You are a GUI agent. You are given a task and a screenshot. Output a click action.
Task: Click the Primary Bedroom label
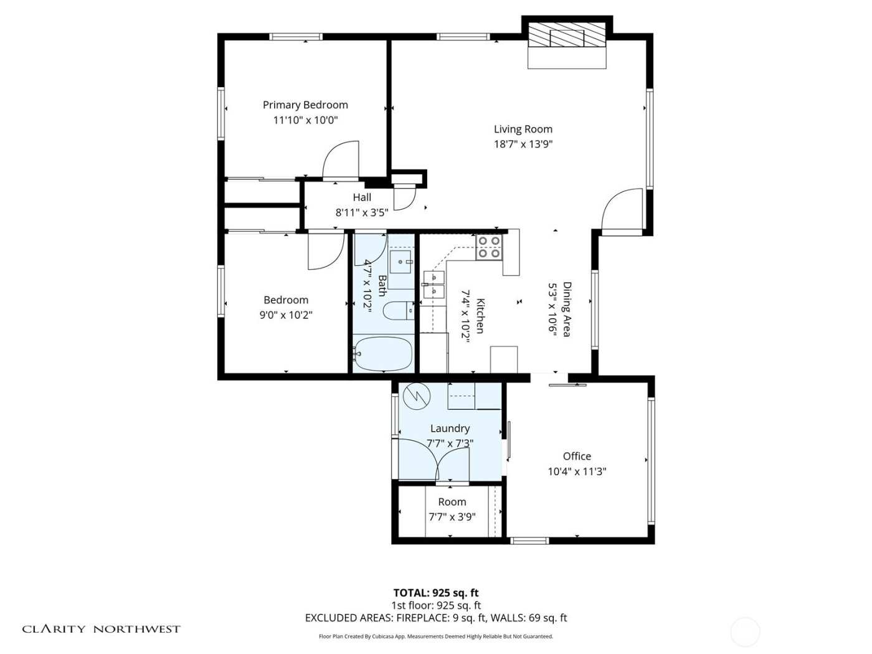pos(305,105)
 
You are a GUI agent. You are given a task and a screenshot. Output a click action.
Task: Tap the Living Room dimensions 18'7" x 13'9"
pos(523,144)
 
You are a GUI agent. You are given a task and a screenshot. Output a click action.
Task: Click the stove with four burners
pos(489,247)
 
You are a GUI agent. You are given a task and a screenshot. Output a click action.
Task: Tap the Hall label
pos(362,197)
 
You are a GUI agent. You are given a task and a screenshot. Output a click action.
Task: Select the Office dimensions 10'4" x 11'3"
pos(577,472)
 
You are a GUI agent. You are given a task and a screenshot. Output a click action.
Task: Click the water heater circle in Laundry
pos(415,396)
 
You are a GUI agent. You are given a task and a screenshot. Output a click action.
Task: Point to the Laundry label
pos(450,429)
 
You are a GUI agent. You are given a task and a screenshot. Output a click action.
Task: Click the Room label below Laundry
pos(452,502)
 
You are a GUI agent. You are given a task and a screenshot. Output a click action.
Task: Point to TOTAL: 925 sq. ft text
pos(435,593)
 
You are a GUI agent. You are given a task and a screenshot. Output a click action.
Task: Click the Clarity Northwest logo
pos(102,629)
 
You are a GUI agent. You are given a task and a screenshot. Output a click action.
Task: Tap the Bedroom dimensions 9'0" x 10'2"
pos(286,315)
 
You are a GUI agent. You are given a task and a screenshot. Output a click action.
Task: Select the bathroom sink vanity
pos(400,262)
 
